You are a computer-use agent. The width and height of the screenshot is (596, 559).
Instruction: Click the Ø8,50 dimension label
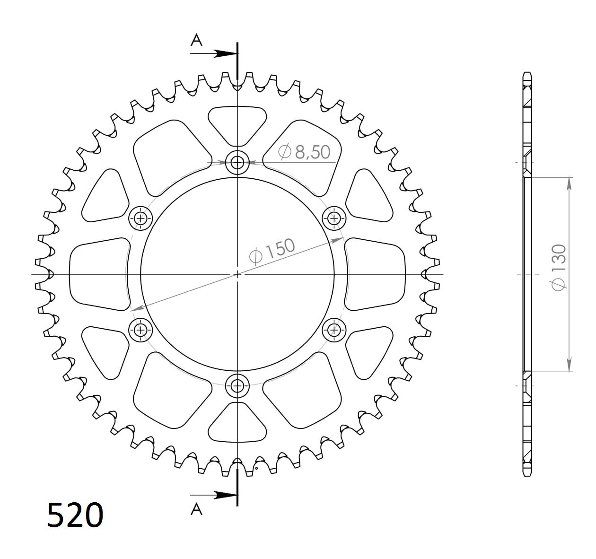pyautogui.click(x=304, y=152)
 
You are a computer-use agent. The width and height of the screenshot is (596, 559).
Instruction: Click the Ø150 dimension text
pyautogui.click(x=272, y=251)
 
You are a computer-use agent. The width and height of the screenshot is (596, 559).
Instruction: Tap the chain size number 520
pyautogui.click(x=75, y=515)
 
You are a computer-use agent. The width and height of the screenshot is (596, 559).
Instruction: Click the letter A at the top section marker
pyautogui.click(x=196, y=41)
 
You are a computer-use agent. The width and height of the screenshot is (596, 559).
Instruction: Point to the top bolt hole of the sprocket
pyautogui.click(x=237, y=163)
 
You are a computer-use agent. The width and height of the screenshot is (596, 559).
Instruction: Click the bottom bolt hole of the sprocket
pyautogui.click(x=237, y=386)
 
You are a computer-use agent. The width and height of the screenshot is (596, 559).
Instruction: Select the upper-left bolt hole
pyautogui.click(x=140, y=218)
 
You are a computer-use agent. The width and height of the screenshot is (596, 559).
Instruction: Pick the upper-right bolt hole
pyautogui.click(x=334, y=218)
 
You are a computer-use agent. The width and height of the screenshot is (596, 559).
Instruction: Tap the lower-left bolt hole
pyautogui.click(x=140, y=330)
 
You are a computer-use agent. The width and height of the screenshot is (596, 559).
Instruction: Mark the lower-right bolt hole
pyautogui.click(x=334, y=330)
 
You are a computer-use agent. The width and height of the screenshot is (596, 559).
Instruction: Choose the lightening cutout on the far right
pyautogui.click(x=376, y=274)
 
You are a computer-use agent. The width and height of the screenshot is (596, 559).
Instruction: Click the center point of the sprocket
pyautogui.click(x=237, y=274)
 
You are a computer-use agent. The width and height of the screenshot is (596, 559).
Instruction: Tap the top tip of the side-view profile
pyautogui.click(x=527, y=73)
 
